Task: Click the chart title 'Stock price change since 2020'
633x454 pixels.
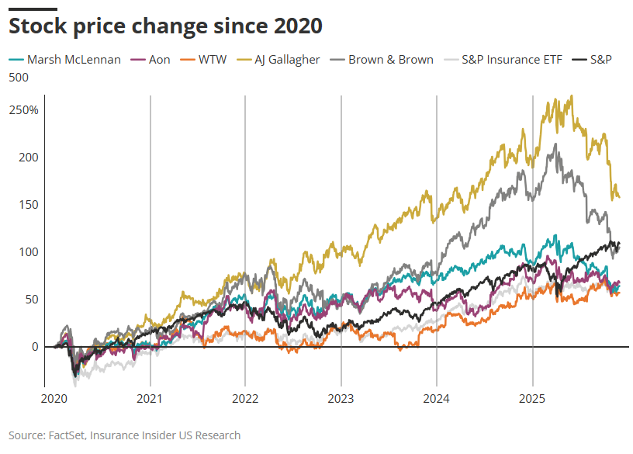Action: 164,26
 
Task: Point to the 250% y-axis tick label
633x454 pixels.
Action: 23,109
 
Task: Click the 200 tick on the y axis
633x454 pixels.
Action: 29,157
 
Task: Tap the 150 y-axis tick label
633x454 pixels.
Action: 29,204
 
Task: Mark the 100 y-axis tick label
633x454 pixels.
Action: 29,251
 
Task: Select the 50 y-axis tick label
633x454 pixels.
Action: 31,299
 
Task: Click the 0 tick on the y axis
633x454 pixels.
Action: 34,346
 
